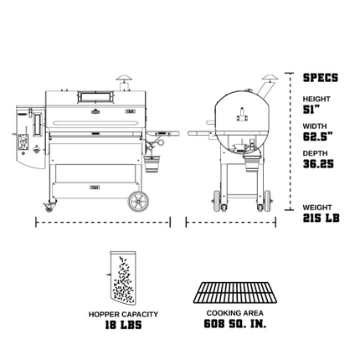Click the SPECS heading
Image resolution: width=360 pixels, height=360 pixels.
tap(320, 78)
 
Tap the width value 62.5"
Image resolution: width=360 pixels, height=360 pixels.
tap(317, 136)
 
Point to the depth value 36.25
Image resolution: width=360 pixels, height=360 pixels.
tap(318, 164)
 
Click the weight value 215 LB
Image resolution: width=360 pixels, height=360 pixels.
tap(321, 218)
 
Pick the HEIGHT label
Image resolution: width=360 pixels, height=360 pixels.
tap(316, 99)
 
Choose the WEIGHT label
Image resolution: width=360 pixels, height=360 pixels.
tap(316, 207)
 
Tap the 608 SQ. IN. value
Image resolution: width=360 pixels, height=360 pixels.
tap(234, 324)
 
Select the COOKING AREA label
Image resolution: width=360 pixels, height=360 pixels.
tap(234, 314)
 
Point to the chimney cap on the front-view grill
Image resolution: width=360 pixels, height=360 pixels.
tap(123, 81)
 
